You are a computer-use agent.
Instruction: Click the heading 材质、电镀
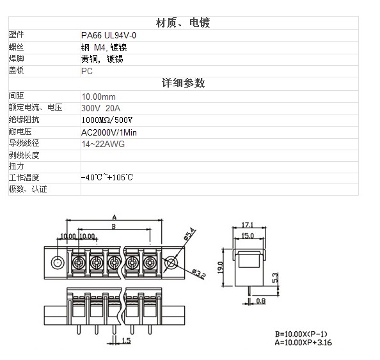[x=183, y=23]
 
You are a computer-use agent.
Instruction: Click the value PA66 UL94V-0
[x=109, y=36]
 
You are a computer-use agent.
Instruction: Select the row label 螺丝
[x=16, y=47]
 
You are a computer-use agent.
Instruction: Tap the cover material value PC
[x=87, y=71]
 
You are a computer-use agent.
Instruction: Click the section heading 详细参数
[x=183, y=83]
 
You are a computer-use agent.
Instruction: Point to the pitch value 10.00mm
[x=99, y=97]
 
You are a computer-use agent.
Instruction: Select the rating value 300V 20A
[x=101, y=108]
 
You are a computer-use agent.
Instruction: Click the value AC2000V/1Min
[x=109, y=133]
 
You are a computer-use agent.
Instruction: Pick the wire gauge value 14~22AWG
[x=103, y=144]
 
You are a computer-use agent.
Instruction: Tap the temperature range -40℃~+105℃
[x=107, y=177]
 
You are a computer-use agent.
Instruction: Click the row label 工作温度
[x=24, y=178]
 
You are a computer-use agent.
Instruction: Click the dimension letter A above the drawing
[x=115, y=217]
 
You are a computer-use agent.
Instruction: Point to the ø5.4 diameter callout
[x=190, y=233]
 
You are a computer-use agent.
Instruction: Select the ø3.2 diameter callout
[x=199, y=274]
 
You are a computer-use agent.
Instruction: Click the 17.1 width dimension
[x=248, y=225]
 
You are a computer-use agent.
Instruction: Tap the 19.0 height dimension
[x=220, y=267]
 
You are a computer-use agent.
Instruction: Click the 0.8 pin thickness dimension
[x=261, y=301]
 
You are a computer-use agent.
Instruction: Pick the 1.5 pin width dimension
[x=126, y=341]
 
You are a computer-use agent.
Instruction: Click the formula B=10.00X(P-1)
[x=301, y=334]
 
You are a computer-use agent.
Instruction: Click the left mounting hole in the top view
[x=58, y=263]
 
